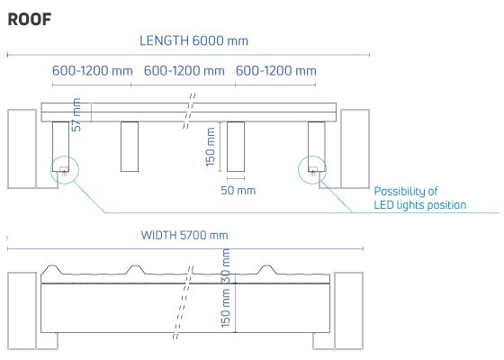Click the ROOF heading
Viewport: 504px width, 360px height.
30,20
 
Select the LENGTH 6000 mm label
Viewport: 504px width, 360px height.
193,40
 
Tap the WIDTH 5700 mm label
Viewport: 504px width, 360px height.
184,235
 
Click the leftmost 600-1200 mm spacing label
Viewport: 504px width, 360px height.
92,71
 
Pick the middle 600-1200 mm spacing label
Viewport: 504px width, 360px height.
184,71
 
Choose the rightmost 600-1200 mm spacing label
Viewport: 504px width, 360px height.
276,71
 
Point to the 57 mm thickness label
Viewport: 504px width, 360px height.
76,115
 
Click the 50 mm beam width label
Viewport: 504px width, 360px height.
238,190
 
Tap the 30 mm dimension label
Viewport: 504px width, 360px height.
226,265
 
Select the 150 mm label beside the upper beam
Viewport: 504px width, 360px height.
211,147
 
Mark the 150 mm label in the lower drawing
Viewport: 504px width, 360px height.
226,308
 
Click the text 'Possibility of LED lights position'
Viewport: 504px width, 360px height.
419,198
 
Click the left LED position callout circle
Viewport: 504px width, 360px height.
65,157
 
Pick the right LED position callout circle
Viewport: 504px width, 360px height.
312,157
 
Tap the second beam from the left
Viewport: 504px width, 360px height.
130,147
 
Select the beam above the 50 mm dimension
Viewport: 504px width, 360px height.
236,147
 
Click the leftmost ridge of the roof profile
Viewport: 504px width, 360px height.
52,266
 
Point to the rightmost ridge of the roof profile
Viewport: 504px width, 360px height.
266,266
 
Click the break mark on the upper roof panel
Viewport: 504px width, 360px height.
189,112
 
